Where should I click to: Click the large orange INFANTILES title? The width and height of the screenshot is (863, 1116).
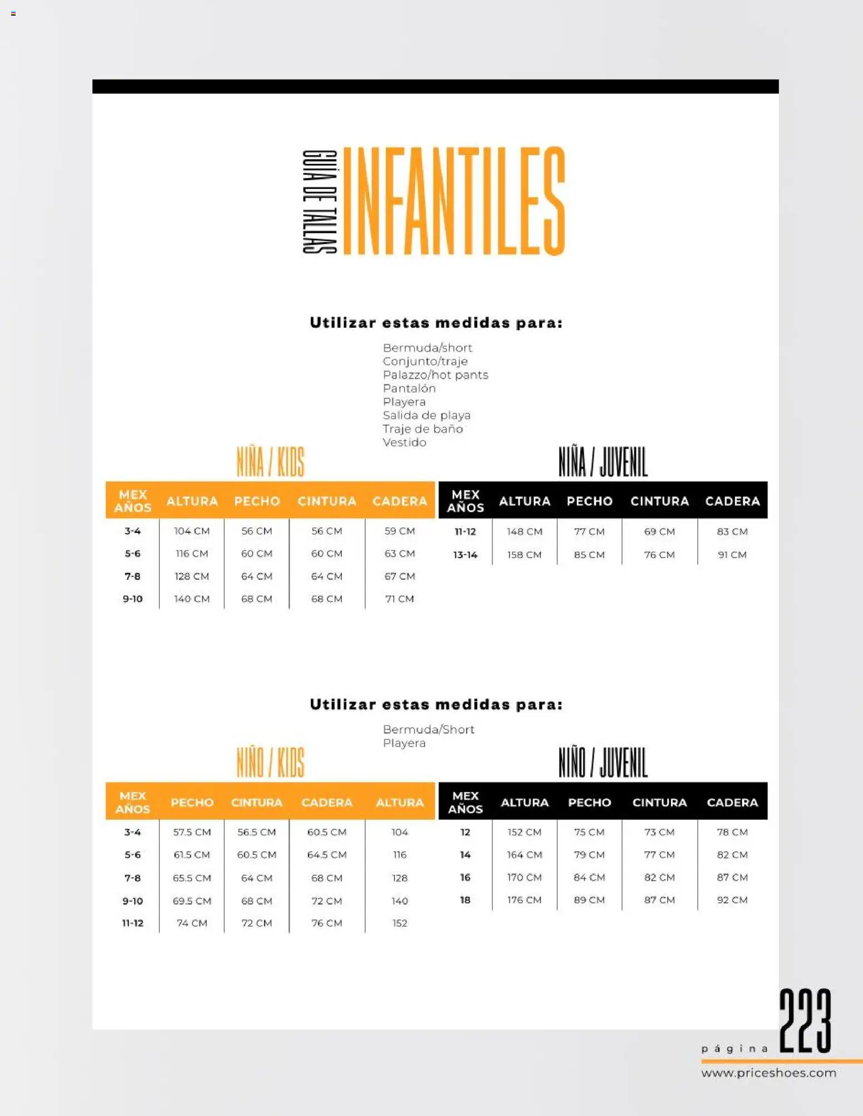(x=454, y=201)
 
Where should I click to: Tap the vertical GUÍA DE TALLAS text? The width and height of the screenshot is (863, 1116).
(x=320, y=201)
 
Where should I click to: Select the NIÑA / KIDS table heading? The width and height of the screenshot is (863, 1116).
(x=271, y=462)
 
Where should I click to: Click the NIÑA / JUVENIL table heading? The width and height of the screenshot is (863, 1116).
(x=603, y=462)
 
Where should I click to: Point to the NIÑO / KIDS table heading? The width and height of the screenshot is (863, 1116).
(x=271, y=763)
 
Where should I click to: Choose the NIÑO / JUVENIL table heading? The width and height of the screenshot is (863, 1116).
(x=603, y=763)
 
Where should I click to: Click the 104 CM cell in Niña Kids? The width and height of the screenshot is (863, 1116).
(x=192, y=531)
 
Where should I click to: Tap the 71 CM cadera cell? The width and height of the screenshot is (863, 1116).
(x=399, y=599)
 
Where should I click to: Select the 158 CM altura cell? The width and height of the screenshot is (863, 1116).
(x=524, y=555)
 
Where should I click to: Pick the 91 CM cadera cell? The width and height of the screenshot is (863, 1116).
(x=732, y=555)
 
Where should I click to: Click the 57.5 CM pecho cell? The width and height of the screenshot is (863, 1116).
(x=192, y=832)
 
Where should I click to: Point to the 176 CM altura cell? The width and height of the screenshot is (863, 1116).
(x=524, y=900)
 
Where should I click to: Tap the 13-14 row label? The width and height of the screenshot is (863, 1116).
(x=465, y=555)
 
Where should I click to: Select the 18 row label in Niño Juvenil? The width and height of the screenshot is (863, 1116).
(x=465, y=900)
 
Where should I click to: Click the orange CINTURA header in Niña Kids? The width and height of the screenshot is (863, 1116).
(x=327, y=501)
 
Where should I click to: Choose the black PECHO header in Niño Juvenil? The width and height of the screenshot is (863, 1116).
(x=589, y=802)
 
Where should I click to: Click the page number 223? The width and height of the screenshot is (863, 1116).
(x=805, y=1021)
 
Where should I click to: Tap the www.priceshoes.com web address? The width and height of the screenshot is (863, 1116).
(x=768, y=1073)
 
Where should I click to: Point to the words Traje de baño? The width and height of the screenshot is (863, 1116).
(x=423, y=429)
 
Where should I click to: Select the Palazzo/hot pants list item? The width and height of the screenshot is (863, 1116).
(x=435, y=375)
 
